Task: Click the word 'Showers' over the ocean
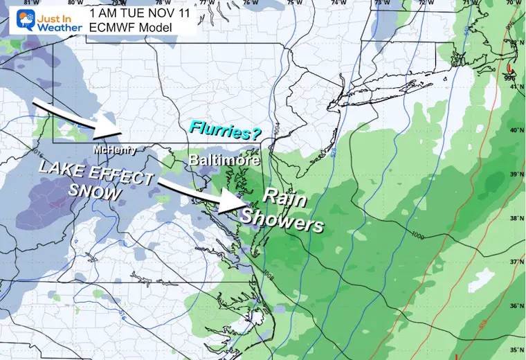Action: [282, 221]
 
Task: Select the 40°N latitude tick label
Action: [516, 132]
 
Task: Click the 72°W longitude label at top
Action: [421, 3]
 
